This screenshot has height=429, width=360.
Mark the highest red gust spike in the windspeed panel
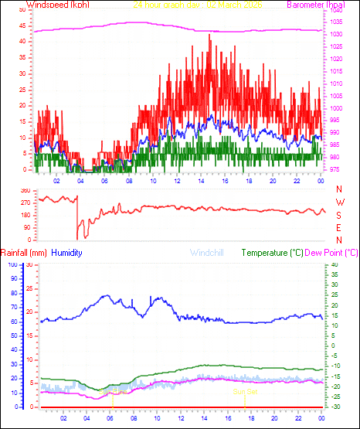click(209, 35)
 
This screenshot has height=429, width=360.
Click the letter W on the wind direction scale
click(338, 203)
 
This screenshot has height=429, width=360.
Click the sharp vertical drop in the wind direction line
click(77, 220)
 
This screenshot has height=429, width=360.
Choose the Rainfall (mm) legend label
click(24, 253)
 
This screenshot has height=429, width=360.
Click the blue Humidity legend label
click(68, 253)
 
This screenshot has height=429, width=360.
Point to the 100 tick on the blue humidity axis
click(11, 264)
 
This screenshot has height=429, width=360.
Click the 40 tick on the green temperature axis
click(332, 264)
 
